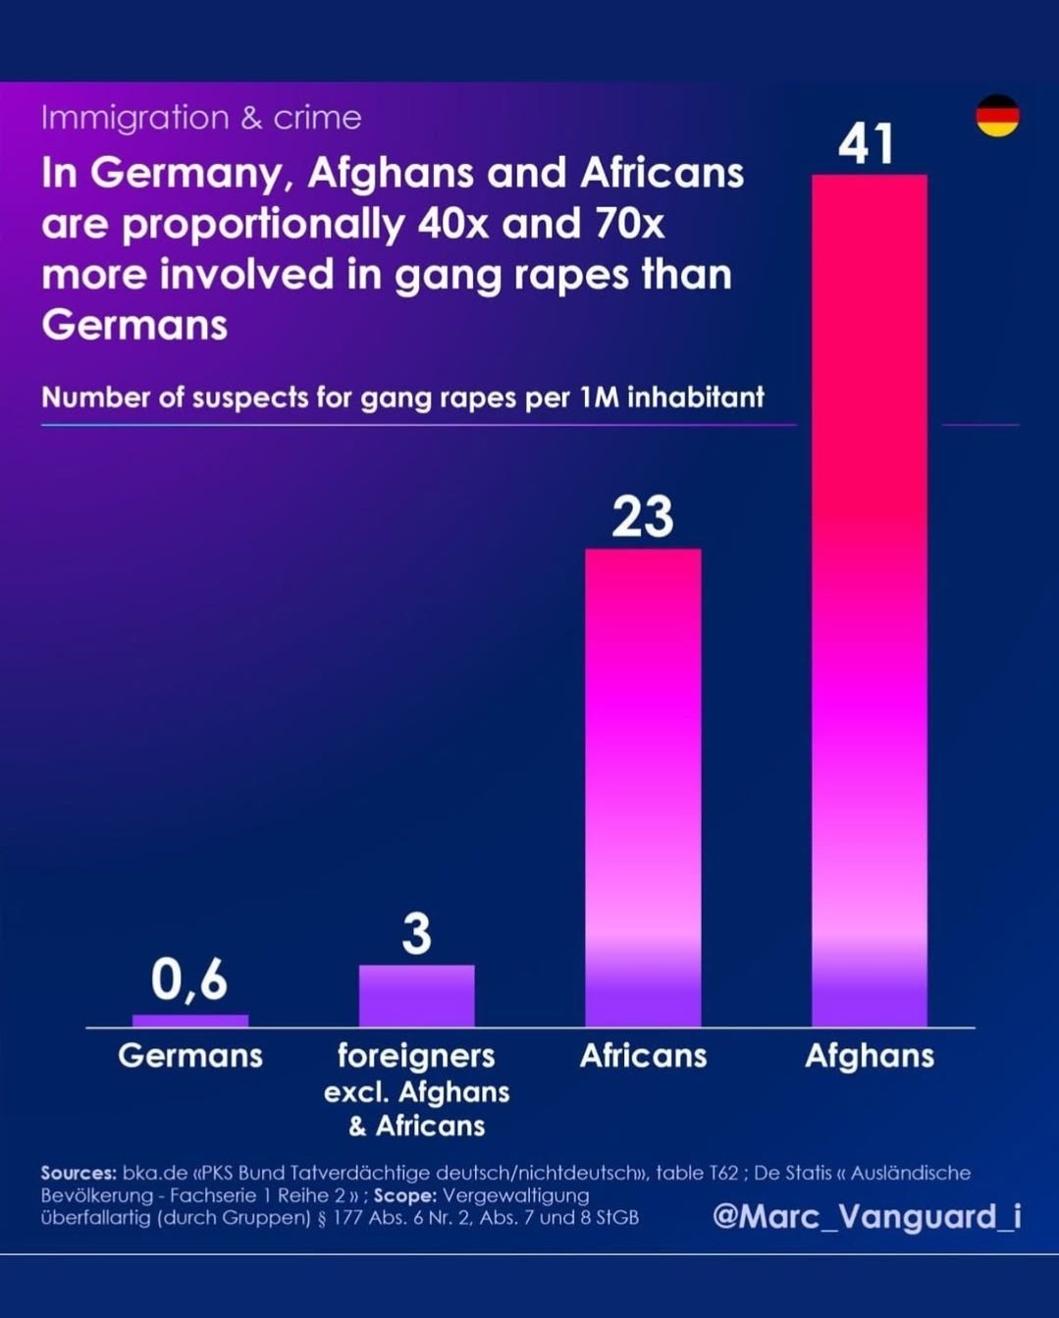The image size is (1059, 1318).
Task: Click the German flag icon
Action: point(997,116)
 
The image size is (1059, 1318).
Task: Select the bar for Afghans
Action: point(869,599)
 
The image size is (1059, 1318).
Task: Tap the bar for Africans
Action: point(643,785)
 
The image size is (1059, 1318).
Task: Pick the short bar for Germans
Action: point(190,1021)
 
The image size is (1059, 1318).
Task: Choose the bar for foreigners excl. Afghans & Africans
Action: point(416,995)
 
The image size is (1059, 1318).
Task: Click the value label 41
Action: point(867,144)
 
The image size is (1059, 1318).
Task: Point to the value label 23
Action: point(643,517)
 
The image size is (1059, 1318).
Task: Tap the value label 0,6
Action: point(189,979)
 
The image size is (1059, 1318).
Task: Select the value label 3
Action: point(417,934)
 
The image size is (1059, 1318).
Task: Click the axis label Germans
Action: point(190,1056)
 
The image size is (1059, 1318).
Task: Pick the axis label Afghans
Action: point(870,1056)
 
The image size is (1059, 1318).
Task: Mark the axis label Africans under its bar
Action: point(643,1056)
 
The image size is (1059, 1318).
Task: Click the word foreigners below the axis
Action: point(416,1056)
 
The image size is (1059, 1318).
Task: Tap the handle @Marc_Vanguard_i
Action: point(867,1216)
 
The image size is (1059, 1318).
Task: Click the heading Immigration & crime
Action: point(201,118)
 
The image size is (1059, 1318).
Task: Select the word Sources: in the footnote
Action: point(79,1173)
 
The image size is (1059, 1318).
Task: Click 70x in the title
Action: point(628,224)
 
